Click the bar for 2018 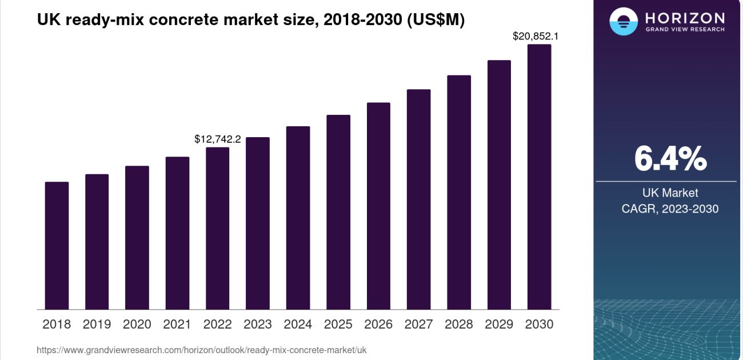57,246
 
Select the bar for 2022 217,229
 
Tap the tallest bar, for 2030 539,177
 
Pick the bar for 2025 338,212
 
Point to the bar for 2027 419,199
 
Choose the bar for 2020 137,238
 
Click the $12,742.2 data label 218,139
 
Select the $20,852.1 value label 536,36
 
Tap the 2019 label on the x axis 97,325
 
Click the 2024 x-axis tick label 298,325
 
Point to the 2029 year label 499,325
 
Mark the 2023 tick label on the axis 258,325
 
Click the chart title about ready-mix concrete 251,19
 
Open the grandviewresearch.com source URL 202,350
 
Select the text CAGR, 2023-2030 670,209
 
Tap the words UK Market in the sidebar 670,193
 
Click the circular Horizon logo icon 624,22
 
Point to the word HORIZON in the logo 685,18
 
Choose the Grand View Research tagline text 685,29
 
